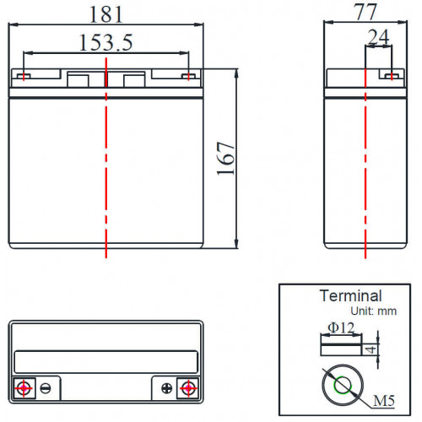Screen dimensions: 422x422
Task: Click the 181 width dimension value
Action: click(106, 14)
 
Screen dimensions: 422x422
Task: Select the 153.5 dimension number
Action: click(105, 43)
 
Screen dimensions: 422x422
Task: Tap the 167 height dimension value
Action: click(225, 159)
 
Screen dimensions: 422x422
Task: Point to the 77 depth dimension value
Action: click(365, 12)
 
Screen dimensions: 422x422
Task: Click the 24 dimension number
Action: click(378, 37)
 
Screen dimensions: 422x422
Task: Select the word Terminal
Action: click(351, 296)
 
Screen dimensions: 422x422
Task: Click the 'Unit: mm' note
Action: click(374, 311)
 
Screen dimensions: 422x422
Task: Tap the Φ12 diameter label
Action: click(341, 327)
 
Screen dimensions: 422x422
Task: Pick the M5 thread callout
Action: click(384, 401)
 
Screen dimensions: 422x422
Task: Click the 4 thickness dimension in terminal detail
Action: click(371, 349)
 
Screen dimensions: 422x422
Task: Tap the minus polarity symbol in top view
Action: click(46, 388)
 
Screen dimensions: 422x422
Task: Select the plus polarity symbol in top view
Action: click(167, 388)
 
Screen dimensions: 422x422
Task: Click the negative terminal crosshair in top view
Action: click(24, 388)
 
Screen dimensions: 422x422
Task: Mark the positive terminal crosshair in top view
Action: click(188, 388)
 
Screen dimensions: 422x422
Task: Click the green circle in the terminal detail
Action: click(343, 385)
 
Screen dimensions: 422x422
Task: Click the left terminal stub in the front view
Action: click(24, 76)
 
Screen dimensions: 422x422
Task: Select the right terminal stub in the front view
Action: click(188, 76)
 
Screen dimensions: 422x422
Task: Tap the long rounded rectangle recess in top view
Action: click(106, 362)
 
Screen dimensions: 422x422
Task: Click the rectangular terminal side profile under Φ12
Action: click(341, 345)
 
